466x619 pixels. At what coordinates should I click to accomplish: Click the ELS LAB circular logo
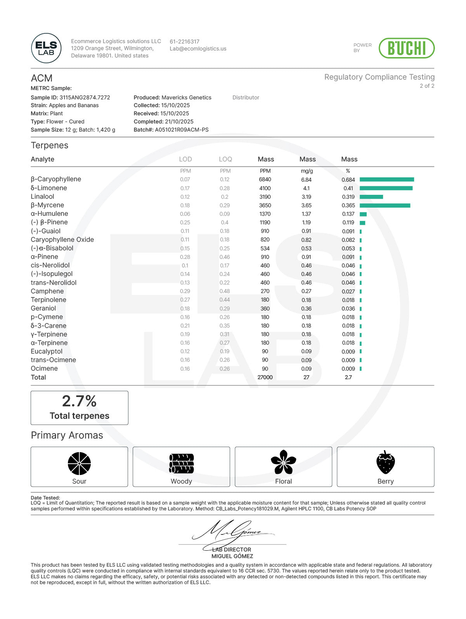(46, 48)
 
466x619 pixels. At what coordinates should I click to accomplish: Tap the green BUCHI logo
(406, 48)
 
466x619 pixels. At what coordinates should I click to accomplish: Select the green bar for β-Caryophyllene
(386, 179)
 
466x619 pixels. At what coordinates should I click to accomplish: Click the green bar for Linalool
(371, 197)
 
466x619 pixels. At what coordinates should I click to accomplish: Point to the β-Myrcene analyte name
(47, 205)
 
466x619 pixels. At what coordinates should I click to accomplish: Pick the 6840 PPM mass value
(265, 180)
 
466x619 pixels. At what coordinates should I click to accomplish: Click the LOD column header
(185, 159)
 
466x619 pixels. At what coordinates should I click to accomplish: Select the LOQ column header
(225, 159)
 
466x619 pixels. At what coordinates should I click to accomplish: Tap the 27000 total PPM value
(265, 377)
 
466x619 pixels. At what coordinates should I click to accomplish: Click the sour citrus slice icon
(79, 463)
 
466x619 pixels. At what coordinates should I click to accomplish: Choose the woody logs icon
(181, 463)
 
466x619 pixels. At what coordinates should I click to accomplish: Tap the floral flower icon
(283, 462)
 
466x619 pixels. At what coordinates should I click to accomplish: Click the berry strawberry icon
(385, 462)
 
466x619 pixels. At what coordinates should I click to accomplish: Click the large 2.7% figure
(79, 401)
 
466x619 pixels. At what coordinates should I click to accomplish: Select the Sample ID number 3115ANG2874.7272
(85, 97)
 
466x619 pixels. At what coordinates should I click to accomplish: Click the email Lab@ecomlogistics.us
(198, 49)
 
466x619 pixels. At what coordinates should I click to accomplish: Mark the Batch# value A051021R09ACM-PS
(182, 130)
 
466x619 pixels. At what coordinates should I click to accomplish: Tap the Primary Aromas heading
(67, 435)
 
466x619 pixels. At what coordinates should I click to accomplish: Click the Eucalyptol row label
(47, 351)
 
